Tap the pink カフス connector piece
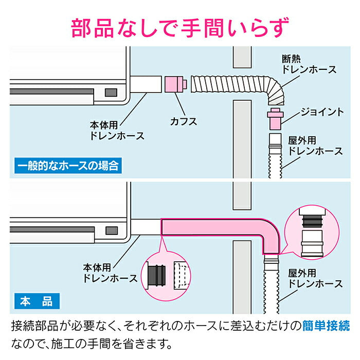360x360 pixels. (x=175, y=84)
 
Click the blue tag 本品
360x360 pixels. (x=36, y=300)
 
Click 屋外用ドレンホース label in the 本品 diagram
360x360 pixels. (x=315, y=278)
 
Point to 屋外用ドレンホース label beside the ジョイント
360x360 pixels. (x=315, y=146)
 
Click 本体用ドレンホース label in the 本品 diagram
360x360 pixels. (x=110, y=273)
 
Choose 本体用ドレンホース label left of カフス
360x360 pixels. (x=117, y=131)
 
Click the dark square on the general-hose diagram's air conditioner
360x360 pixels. (x=110, y=93)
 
